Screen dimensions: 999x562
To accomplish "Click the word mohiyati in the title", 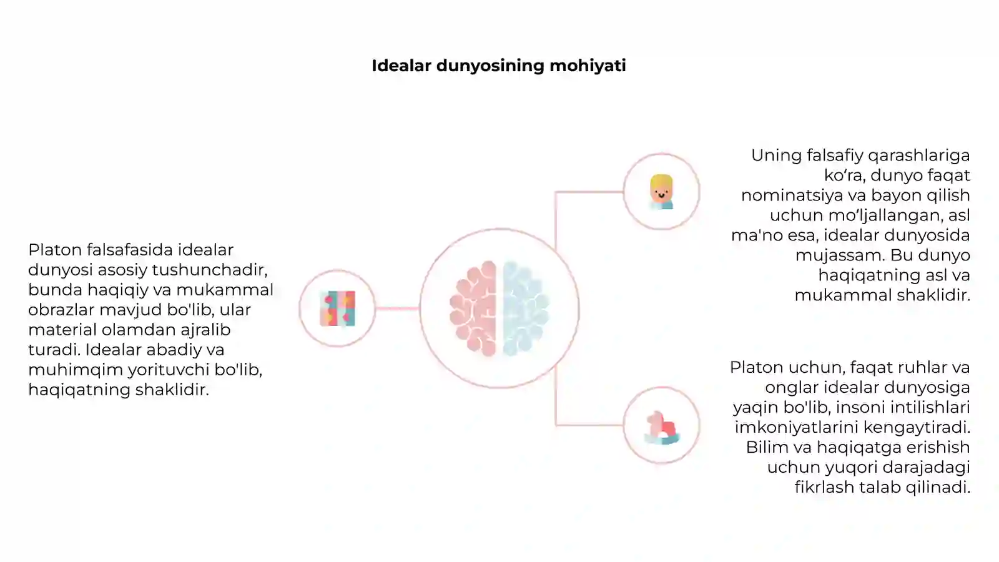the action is (x=588, y=66).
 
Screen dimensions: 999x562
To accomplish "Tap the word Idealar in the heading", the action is (x=402, y=66).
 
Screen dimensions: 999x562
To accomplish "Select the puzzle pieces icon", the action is (x=338, y=308).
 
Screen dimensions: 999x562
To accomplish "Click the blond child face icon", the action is (x=661, y=192).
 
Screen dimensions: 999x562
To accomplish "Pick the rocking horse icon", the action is (x=662, y=428).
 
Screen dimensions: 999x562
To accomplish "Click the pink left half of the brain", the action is (x=473, y=308).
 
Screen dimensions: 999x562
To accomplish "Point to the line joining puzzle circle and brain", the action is (x=397, y=308).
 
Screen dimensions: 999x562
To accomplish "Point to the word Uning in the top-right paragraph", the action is (x=777, y=156).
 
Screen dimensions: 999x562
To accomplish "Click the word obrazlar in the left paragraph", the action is (x=62, y=310).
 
